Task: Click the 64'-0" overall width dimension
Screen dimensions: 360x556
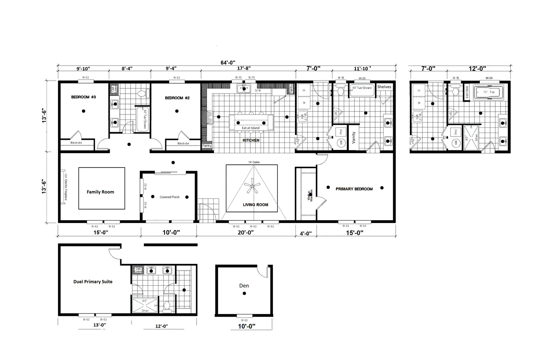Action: tap(228, 62)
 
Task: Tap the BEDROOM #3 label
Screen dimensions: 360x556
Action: tap(83, 97)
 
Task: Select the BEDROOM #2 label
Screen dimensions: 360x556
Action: tap(177, 98)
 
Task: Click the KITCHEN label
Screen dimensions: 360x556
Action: tap(251, 141)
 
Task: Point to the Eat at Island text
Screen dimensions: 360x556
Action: tap(251, 128)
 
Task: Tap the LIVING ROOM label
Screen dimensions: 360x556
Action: tap(255, 205)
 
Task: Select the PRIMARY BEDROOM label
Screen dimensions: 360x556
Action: tap(354, 189)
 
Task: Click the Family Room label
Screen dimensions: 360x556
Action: tap(100, 192)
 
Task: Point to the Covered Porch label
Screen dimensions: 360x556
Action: tap(170, 197)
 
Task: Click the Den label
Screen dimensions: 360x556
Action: tap(244, 285)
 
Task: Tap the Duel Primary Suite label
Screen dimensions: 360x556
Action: tap(93, 282)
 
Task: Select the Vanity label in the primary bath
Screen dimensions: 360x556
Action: tap(353, 138)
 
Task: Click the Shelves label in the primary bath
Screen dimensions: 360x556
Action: tap(384, 87)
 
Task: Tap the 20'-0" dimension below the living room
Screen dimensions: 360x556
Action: tap(246, 233)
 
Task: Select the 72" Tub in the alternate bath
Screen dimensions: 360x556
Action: tap(489, 92)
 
